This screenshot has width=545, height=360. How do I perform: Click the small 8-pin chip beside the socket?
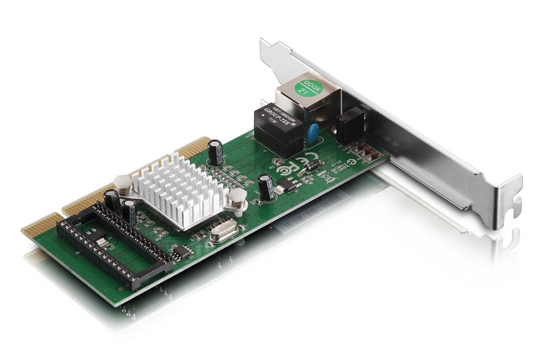(181, 251)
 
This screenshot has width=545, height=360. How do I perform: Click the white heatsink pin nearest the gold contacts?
(122, 184)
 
